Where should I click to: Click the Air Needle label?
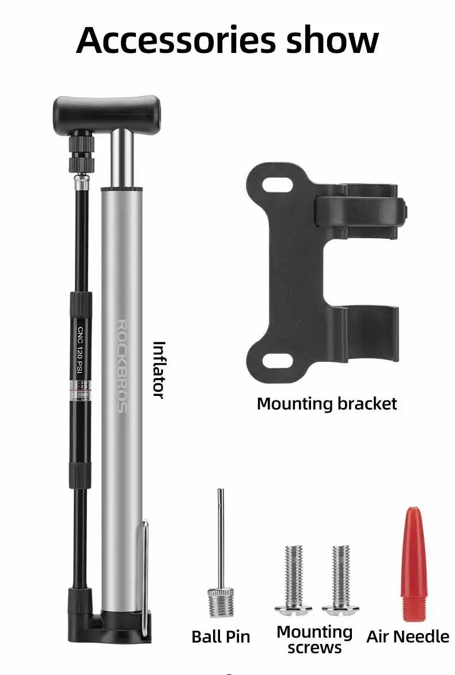click(x=408, y=636)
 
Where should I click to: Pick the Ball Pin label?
click(x=221, y=636)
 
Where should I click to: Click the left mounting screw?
click(x=294, y=578)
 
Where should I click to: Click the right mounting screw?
click(x=340, y=578)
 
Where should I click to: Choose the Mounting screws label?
click(x=314, y=639)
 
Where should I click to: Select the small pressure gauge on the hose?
click(x=82, y=388)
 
